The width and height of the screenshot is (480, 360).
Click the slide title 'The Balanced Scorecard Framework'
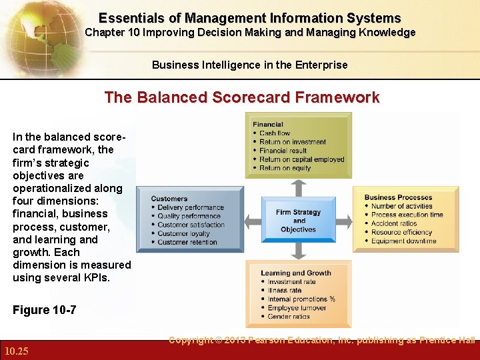241,97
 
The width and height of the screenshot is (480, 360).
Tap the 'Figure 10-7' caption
44,310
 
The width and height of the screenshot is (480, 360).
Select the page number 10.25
16,351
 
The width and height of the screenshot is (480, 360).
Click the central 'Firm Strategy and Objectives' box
298,221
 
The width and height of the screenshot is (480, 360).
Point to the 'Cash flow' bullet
275,133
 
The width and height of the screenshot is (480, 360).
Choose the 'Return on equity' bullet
285,168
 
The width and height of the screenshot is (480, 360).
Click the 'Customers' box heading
169,199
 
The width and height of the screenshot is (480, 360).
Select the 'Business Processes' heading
398,197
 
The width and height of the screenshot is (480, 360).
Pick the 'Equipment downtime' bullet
403,241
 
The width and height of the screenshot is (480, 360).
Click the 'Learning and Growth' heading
295,273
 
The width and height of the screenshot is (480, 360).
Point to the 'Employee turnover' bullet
297,308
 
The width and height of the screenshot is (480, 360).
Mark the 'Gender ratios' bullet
289,317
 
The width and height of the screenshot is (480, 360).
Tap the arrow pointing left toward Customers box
251,221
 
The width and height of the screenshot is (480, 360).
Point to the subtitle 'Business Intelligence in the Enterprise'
249,65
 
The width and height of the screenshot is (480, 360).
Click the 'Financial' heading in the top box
268,124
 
